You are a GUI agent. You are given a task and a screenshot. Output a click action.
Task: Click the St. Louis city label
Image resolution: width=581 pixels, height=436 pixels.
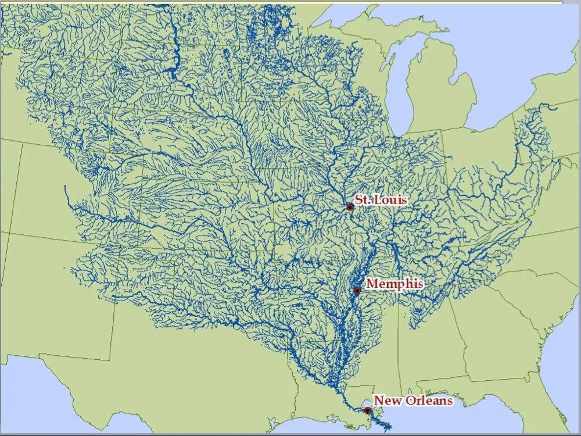[381, 200]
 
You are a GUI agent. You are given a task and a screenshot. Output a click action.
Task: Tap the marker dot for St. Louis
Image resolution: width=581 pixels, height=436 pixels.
[350, 207]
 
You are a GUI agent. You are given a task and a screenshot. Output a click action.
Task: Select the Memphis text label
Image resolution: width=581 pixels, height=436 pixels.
[394, 284]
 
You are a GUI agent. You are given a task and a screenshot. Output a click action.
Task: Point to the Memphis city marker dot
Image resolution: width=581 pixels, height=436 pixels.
[357, 290]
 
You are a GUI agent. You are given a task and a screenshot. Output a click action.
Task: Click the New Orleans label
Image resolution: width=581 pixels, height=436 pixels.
[413, 400]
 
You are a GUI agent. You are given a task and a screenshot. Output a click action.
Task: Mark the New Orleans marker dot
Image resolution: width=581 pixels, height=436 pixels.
[367, 410]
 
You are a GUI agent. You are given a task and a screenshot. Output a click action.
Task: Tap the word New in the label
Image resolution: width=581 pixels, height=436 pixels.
[384, 400]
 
